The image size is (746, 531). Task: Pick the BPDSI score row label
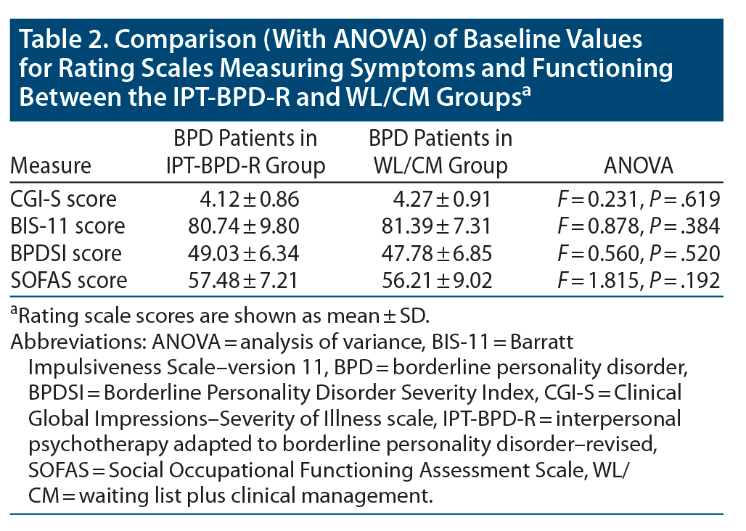click(66, 252)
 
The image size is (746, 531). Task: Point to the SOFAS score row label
click(69, 280)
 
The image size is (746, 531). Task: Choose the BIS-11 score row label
click(67, 225)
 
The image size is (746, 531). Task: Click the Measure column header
click(51, 165)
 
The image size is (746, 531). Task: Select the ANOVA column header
click(639, 165)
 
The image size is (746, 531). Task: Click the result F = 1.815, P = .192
click(638, 280)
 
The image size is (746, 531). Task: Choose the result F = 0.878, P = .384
click(638, 225)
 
